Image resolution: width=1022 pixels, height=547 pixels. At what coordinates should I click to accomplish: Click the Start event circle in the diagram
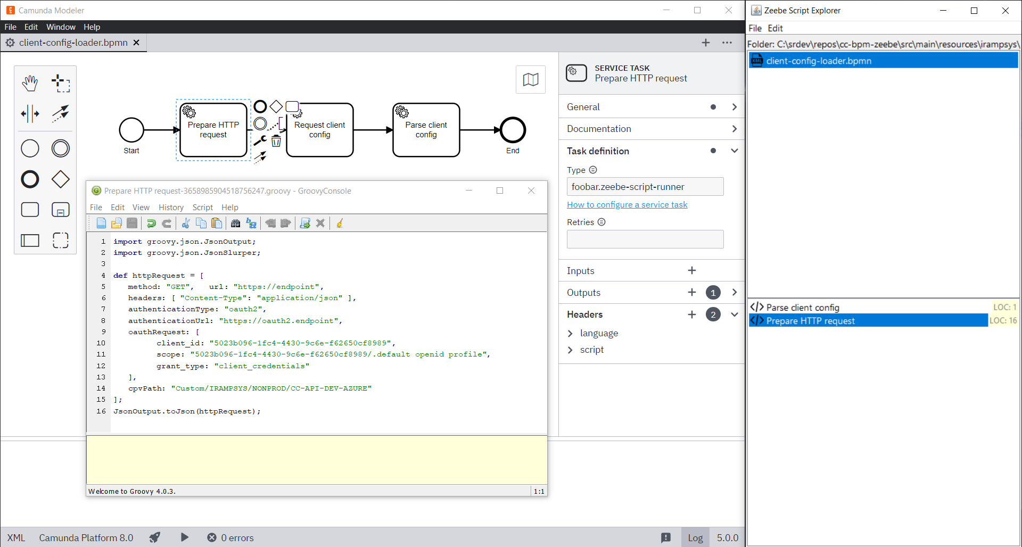131,130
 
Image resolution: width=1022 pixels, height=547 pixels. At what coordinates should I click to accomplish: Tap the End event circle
513,130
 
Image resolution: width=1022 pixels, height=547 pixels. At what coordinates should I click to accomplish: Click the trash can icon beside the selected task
276,141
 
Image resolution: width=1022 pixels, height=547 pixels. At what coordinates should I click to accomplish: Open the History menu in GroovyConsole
171,208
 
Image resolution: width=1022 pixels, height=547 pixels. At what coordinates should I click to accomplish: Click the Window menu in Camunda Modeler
61,27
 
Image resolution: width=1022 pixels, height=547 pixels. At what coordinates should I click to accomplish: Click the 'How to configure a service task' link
627,205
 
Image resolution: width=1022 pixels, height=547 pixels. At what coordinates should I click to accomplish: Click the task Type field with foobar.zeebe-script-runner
645,187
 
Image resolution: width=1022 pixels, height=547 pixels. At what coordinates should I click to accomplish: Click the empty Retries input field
645,239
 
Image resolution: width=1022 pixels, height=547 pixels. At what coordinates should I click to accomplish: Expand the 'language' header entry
571,334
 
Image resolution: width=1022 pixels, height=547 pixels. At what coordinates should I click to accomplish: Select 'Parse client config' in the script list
802,308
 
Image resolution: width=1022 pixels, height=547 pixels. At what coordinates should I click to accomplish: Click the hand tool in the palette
30,83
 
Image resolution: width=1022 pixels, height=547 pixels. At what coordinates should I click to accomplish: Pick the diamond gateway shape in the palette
61,179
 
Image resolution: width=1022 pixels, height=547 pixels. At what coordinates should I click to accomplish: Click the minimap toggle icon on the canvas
530,80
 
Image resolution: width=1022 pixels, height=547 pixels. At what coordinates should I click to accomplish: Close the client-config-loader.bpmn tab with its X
136,43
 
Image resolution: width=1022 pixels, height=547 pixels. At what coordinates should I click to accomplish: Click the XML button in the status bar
16,538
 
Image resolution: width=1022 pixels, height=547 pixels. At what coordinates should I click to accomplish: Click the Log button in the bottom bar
695,538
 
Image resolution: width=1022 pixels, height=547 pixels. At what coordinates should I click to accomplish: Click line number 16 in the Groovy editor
101,411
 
